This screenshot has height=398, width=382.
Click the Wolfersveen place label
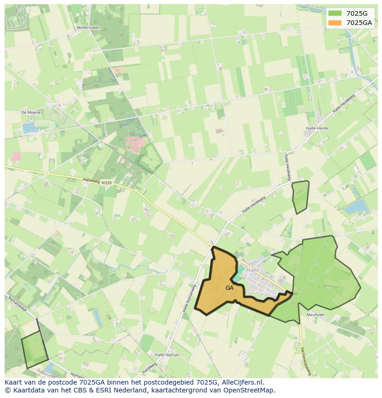coord(88,28)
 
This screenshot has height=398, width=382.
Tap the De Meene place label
coord(31,112)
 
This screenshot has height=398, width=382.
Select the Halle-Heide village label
coord(316,128)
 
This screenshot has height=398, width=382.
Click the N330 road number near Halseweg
coord(107,183)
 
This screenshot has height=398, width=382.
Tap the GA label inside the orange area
coord(229,288)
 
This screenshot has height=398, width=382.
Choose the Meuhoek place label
coord(316,314)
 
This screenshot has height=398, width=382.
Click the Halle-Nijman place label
coord(167,355)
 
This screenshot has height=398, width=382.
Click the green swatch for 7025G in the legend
coord(335,13)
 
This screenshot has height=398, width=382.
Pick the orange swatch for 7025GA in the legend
coord(335,23)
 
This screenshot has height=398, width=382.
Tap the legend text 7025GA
coord(359,23)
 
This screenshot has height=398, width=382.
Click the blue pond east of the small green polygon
coord(356,206)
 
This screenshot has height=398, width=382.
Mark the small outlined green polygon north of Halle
coord(300,196)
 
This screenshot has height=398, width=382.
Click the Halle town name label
coord(253,270)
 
